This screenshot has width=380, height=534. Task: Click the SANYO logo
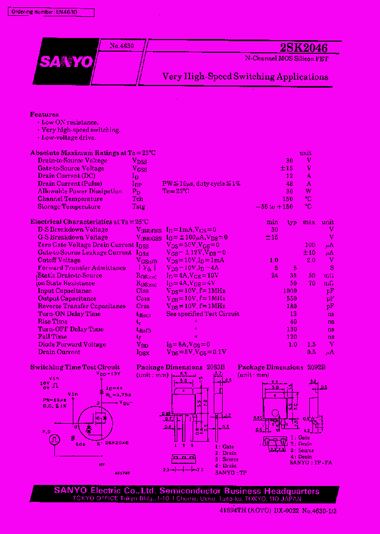[x=65, y=62]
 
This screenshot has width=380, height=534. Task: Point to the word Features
[x=44, y=115]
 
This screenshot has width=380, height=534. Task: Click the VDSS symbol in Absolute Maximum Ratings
[x=139, y=161]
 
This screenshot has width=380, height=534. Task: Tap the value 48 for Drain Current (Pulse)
[x=289, y=184]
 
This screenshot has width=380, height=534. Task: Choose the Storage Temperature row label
[x=69, y=207]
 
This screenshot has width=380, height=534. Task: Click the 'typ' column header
[x=291, y=222]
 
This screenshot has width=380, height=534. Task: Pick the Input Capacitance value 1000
[x=290, y=291]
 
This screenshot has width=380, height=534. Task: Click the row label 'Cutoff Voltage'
[x=59, y=260]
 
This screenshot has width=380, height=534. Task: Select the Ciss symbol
[x=142, y=291]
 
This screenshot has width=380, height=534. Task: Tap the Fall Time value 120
[x=291, y=337]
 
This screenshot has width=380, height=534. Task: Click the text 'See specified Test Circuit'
[x=203, y=314]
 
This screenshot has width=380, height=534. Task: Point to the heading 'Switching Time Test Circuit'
[x=75, y=367]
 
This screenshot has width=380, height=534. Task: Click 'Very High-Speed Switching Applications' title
[x=245, y=77]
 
